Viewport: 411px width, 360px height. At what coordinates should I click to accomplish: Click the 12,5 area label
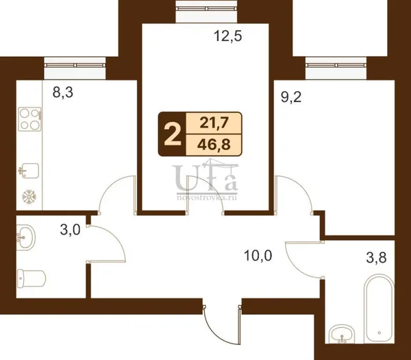point(228,36)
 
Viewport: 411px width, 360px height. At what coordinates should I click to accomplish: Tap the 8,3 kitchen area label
point(63,93)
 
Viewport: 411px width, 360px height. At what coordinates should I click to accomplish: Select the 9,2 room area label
point(291,97)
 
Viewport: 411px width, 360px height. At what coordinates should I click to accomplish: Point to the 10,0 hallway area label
point(258,256)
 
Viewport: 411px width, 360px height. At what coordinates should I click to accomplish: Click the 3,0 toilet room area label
point(70,230)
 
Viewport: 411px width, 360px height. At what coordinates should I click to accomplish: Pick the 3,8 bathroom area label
point(376,257)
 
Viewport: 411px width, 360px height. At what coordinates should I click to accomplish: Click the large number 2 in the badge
point(173,134)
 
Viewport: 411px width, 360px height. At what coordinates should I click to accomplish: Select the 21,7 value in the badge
point(214,123)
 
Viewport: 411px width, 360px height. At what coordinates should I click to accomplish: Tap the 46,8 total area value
point(214,145)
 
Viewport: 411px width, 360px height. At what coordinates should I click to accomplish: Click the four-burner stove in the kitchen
point(30,119)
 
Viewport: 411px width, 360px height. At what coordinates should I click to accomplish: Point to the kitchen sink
point(29,171)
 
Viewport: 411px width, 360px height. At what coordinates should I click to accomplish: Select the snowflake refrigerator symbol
point(29,197)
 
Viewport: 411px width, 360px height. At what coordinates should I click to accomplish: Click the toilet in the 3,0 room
point(32,278)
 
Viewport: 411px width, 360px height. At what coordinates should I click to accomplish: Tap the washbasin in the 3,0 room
point(25,237)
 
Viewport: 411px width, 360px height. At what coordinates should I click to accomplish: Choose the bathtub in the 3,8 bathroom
point(379,308)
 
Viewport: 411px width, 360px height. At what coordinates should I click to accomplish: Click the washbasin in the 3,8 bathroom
point(341,334)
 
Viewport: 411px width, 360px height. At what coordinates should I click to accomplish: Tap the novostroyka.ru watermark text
point(207,197)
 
